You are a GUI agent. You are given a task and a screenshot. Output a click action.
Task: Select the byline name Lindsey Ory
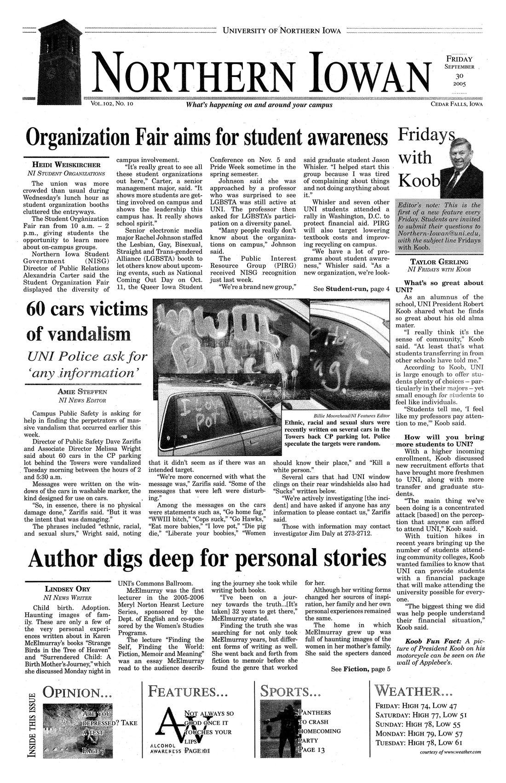[x=67, y=589]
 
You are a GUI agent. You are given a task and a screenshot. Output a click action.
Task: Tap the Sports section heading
[x=290, y=692]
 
